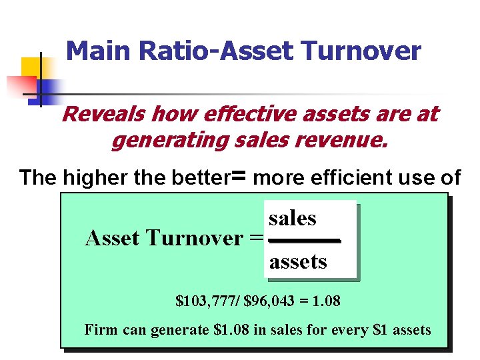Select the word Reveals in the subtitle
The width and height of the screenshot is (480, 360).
(x=103, y=114)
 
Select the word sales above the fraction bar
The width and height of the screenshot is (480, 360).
(x=293, y=218)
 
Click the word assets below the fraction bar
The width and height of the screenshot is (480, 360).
(x=298, y=261)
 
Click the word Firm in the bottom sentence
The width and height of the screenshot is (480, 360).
(x=98, y=329)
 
